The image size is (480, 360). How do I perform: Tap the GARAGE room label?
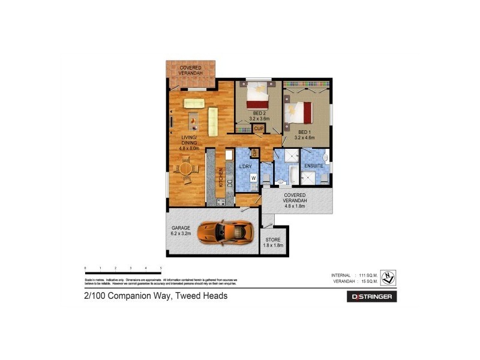[181, 228]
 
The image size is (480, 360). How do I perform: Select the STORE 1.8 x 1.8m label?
[274, 242]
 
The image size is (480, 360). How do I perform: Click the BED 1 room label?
[305, 132]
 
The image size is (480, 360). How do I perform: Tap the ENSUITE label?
[313, 165]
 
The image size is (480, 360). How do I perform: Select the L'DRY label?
[246, 166]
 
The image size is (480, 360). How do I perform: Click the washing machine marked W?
[253, 178]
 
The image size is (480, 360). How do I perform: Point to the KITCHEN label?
[221, 176]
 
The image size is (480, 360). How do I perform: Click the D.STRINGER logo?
[371, 296]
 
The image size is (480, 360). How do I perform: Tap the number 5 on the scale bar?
[161, 268]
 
